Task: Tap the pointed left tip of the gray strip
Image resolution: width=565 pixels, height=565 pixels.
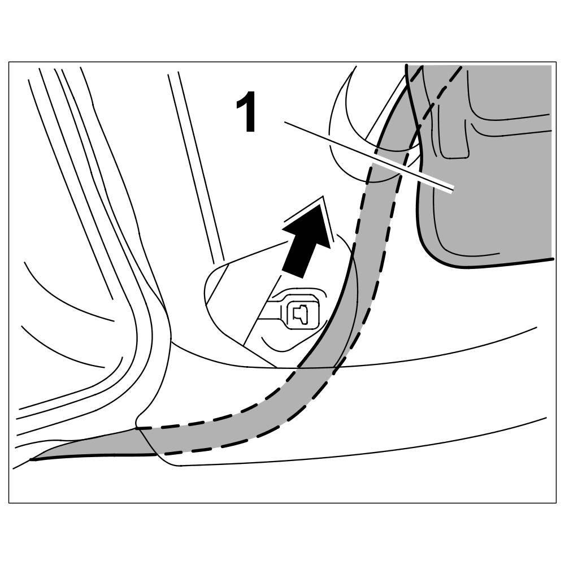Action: [33, 459]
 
